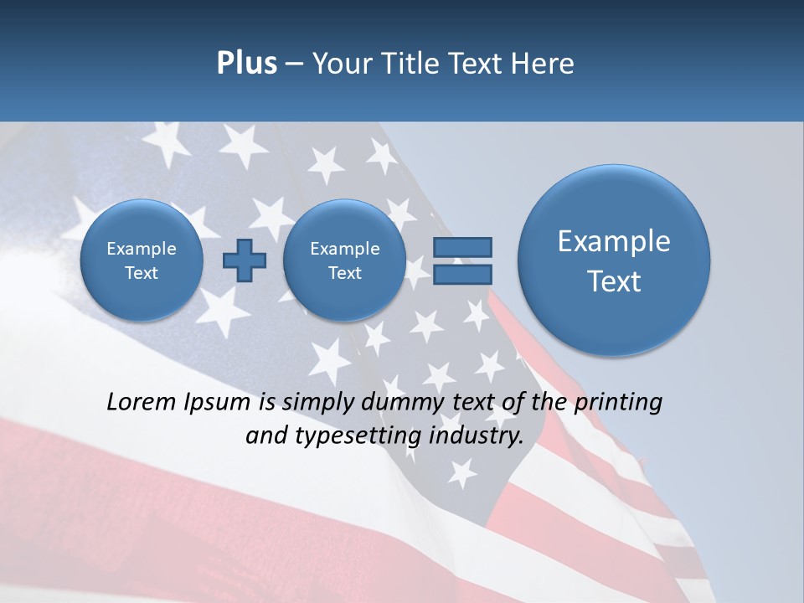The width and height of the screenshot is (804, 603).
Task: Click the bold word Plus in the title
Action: [x=246, y=64]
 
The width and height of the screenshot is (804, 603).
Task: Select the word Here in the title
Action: [x=544, y=64]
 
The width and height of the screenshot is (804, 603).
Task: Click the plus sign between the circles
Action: [x=245, y=260]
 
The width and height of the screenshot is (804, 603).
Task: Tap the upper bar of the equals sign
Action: [x=462, y=247]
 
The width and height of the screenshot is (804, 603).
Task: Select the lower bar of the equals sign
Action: [x=462, y=274]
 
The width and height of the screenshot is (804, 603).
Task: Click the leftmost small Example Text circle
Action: [x=142, y=260]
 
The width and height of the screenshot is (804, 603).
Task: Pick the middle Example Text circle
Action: [x=344, y=260]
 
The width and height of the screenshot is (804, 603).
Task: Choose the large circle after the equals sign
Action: [x=614, y=260]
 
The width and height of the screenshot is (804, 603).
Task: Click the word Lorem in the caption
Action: [x=142, y=402]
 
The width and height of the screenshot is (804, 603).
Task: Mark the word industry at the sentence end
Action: [x=477, y=436]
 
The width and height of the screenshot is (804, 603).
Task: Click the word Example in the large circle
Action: [x=614, y=241]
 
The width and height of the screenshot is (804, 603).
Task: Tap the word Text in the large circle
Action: [x=614, y=281]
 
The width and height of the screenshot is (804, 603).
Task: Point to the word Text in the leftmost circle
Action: [x=142, y=273]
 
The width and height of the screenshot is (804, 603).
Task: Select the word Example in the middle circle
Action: [x=344, y=249]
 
